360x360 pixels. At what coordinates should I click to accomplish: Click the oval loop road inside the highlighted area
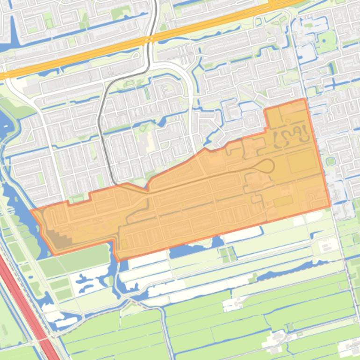[264, 166]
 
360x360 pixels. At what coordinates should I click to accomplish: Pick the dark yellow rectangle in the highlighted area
[283, 202]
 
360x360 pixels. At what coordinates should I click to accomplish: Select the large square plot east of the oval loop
[302, 162]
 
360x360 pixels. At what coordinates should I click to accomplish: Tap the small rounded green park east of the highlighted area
[331, 161]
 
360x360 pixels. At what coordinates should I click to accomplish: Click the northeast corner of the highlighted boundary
[305, 99]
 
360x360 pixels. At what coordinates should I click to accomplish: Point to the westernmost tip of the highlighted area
[31, 211]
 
